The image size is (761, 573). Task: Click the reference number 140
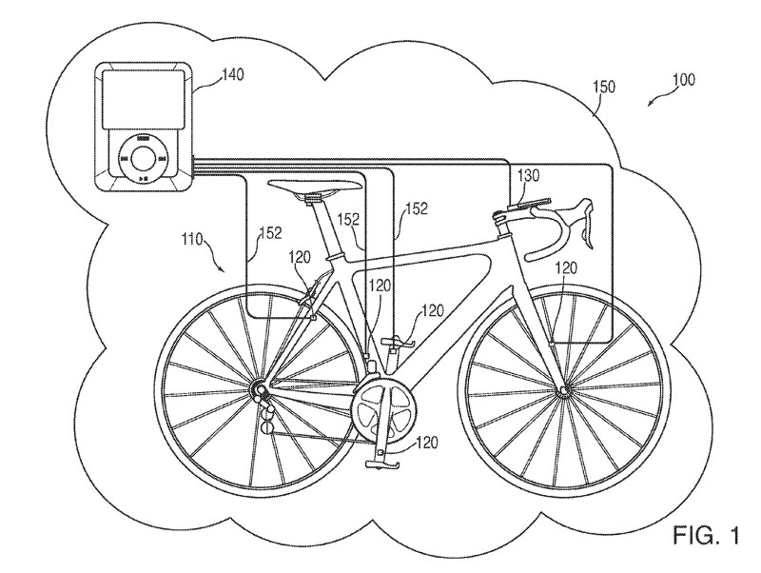click(x=233, y=75)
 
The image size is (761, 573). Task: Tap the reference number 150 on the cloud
click(x=604, y=87)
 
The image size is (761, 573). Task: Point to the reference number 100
click(x=684, y=79)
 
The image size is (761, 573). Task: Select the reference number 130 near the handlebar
click(x=529, y=175)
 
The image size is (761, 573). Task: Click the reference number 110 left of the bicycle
click(x=193, y=240)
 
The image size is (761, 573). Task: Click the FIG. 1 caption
click(x=706, y=536)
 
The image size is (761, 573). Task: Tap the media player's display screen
click(x=144, y=99)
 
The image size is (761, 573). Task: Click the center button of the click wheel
click(x=143, y=158)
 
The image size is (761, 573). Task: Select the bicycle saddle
click(x=316, y=187)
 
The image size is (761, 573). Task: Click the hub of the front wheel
click(x=563, y=390)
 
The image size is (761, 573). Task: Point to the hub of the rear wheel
click(x=257, y=389)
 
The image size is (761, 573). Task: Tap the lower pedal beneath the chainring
click(x=382, y=465)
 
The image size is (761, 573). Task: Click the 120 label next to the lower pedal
click(x=426, y=443)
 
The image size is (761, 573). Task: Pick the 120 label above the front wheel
click(x=566, y=267)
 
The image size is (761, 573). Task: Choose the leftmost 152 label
click(x=270, y=232)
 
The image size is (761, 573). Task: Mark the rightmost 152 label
click(x=417, y=208)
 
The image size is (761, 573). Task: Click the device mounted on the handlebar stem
click(x=531, y=203)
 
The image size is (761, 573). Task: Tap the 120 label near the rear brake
click(x=300, y=257)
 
